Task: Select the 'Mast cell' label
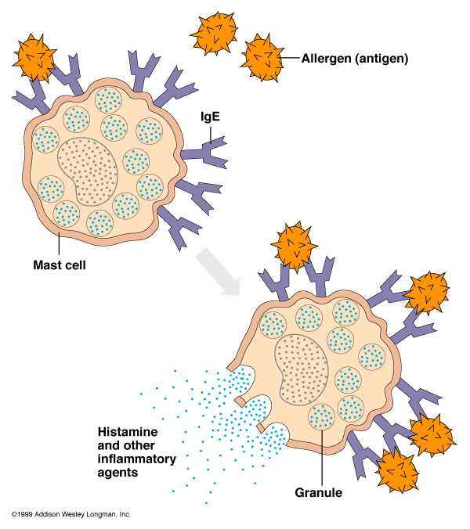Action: [59, 264]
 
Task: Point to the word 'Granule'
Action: [320, 493]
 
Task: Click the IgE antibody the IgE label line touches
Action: [208, 149]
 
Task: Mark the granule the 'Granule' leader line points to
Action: [322, 417]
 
